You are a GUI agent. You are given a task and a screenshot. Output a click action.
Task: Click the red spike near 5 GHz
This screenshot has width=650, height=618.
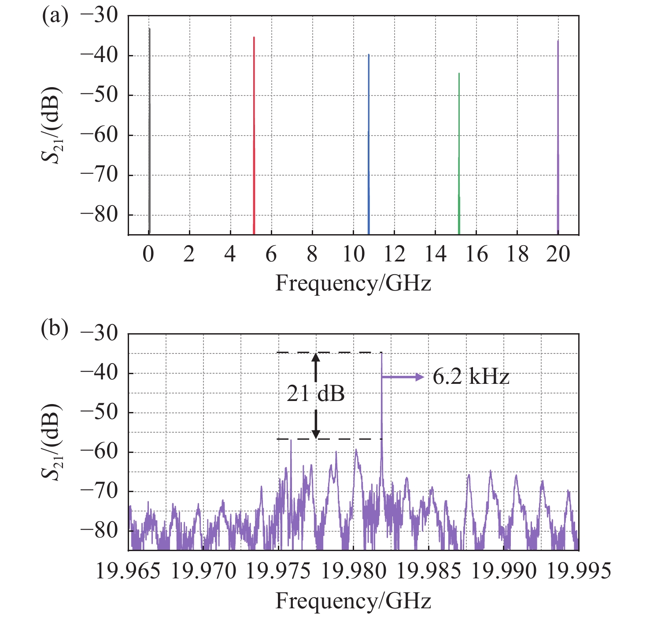click(254, 132)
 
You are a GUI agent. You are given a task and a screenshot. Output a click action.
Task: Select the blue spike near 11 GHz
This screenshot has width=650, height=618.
click(369, 141)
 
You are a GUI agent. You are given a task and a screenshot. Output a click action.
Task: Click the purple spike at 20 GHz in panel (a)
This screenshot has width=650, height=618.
click(558, 132)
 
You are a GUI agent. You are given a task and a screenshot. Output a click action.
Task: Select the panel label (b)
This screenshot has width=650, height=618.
click(55, 328)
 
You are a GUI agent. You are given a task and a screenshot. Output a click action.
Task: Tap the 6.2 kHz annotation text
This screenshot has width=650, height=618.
click(471, 377)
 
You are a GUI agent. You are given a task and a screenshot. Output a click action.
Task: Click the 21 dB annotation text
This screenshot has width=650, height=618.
click(316, 394)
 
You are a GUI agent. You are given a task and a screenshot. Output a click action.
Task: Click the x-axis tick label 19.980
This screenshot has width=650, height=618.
click(354, 571)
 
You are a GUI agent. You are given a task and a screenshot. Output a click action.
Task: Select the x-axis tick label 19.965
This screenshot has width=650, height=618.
click(128, 571)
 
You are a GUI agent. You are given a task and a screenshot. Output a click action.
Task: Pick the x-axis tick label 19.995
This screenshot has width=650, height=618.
click(579, 571)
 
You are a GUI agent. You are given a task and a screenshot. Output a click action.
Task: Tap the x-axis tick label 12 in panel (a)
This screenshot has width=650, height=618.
click(394, 254)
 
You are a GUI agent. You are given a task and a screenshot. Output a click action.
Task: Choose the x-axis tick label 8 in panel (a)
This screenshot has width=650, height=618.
click(312, 254)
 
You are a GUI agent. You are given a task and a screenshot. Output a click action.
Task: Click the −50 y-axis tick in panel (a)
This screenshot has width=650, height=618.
click(100, 95)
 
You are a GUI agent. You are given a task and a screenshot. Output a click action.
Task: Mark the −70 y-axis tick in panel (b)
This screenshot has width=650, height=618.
click(100, 491)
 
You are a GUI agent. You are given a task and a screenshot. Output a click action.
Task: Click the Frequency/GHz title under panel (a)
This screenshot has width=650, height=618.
click(353, 283)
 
